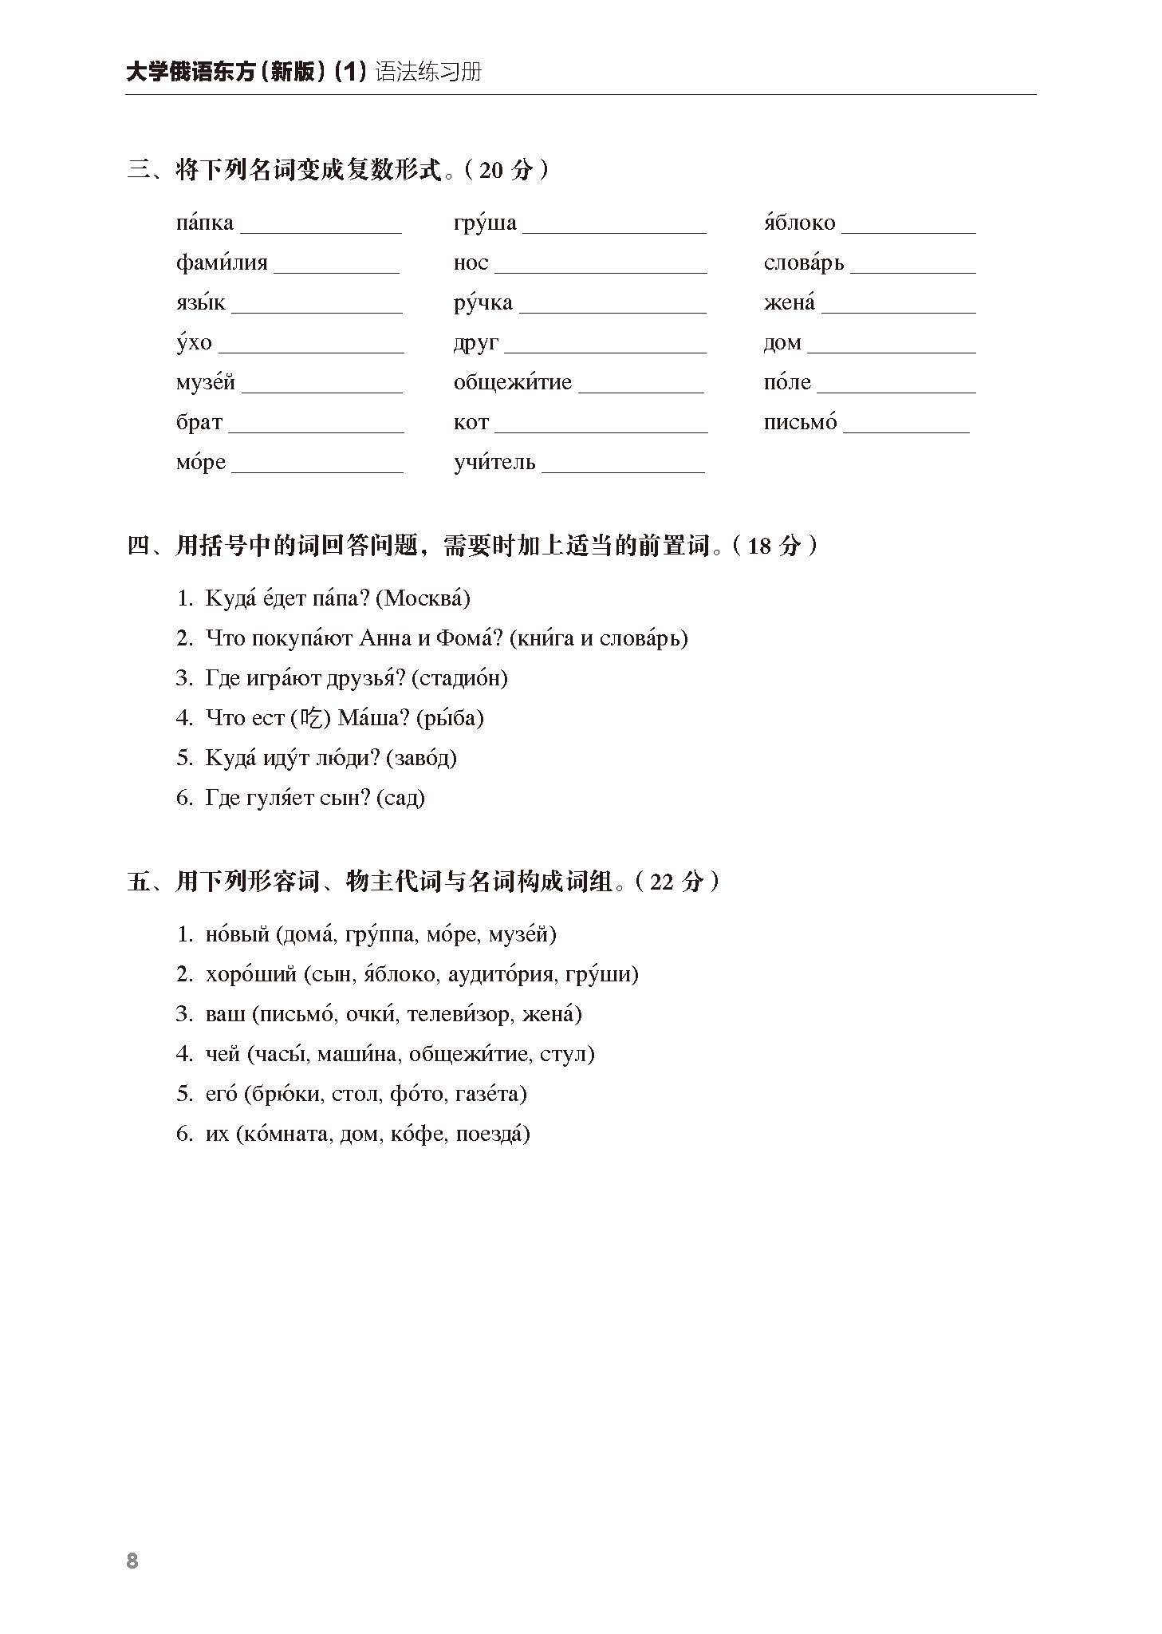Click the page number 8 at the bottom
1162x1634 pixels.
pyautogui.click(x=132, y=1561)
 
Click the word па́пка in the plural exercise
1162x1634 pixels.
pyautogui.click(x=205, y=223)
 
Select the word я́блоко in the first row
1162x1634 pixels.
pyautogui.click(x=799, y=223)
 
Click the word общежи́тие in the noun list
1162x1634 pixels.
pyautogui.click(x=512, y=382)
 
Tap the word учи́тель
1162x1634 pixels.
pyautogui.click(x=494, y=462)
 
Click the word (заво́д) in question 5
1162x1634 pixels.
pyautogui.click(x=421, y=758)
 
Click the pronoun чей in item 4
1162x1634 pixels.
pyautogui.click(x=223, y=1054)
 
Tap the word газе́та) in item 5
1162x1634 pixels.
pyautogui.click(x=491, y=1094)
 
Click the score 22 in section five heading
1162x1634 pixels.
pyautogui.click(x=662, y=882)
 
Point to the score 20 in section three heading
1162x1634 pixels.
pyautogui.click(x=492, y=170)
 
